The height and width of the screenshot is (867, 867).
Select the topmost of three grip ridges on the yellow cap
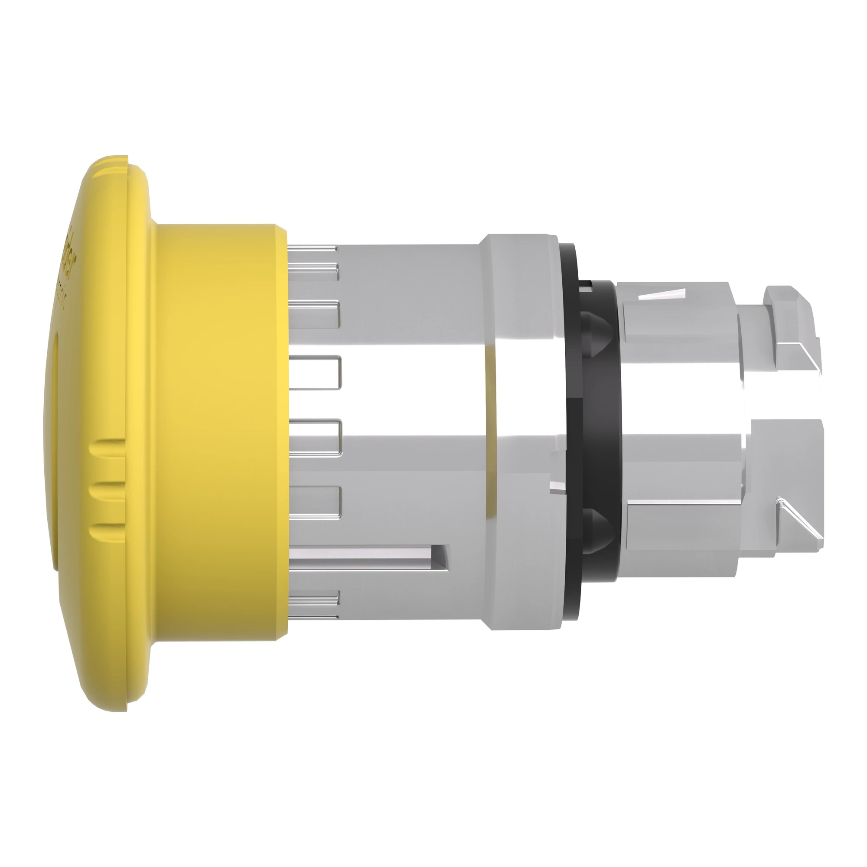click(108, 447)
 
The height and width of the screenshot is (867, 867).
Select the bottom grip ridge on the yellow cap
click(108, 531)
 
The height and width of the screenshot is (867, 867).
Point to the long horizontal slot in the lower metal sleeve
click(368, 558)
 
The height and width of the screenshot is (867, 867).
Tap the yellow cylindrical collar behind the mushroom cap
click(220, 431)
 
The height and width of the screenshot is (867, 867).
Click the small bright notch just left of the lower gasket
click(557, 486)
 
